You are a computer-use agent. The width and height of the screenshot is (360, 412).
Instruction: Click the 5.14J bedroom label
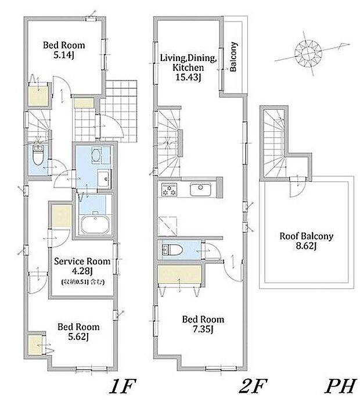64,49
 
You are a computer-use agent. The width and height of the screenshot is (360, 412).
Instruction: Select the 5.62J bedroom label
78,332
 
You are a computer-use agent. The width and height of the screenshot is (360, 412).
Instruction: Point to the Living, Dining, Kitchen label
188,67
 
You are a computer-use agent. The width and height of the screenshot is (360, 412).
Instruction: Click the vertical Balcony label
233,56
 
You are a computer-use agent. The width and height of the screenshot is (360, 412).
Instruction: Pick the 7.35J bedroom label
203,324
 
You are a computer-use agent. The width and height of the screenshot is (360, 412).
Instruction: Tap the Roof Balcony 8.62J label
306,241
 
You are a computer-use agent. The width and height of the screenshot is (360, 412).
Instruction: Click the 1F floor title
123,386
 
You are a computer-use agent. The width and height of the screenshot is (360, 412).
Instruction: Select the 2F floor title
253,386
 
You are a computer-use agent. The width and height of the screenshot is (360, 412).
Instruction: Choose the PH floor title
341,386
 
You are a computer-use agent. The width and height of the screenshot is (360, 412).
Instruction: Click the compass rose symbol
308,53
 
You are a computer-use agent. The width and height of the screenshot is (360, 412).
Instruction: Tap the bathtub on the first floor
95,224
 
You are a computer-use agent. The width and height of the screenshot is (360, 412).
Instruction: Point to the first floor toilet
38,155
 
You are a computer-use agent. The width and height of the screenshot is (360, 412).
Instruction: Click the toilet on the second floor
172,249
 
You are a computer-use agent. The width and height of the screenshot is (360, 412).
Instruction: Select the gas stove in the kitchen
169,189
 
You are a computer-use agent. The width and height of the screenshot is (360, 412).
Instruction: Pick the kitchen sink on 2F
200,189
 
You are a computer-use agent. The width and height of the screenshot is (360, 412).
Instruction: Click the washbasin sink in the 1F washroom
104,178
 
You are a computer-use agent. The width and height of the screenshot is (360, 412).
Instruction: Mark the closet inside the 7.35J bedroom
179,275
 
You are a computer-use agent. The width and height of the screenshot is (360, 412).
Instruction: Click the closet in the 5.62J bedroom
35,345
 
